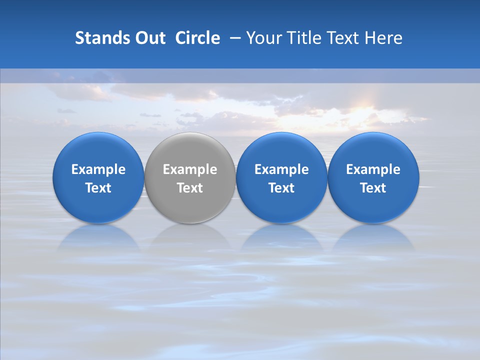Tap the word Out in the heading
149,38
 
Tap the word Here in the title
384,38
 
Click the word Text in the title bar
343,38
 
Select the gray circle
190,177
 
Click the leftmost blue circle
98,177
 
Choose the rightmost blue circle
373,177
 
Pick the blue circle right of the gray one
281,177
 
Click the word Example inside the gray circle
190,169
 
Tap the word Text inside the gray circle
190,188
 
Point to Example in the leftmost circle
98,169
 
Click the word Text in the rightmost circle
373,188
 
